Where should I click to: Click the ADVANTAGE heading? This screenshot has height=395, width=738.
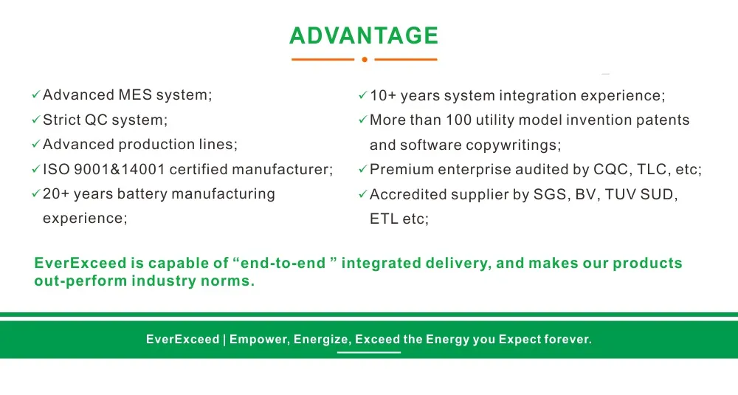pos(364,35)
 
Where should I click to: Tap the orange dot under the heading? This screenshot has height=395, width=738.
pos(365,59)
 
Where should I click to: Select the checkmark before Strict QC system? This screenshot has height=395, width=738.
pos(35,120)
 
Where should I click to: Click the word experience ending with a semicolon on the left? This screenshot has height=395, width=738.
pos(85,219)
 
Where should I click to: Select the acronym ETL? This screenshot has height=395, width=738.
pos(384,219)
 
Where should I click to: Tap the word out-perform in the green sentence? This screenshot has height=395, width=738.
pos(80,281)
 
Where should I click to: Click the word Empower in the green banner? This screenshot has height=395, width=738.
pos(259,340)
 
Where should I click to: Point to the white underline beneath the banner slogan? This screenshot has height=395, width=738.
pos(369,353)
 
